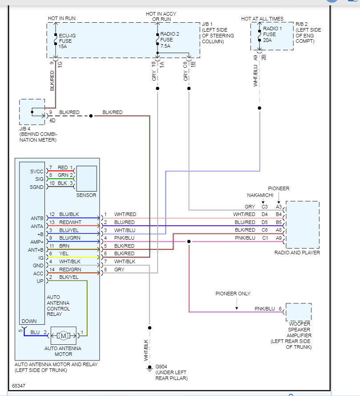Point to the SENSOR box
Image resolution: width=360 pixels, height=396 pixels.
pyautogui.click(x=86, y=178)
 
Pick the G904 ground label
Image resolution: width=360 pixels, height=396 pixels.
pyautogui.click(x=162, y=367)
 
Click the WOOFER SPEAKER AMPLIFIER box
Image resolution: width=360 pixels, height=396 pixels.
pyautogui.click(x=298, y=312)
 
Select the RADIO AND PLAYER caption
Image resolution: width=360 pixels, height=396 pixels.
pyautogui.click(x=297, y=253)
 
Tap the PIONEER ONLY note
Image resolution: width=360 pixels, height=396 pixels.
pyautogui.click(x=233, y=294)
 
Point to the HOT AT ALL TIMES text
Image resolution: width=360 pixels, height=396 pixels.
pyautogui.click(x=262, y=19)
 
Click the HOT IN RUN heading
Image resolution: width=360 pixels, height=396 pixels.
pyautogui.click(x=62, y=19)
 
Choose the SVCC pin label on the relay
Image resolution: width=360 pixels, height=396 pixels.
pyautogui.click(x=36, y=171)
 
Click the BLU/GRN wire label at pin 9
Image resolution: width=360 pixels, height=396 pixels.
pyautogui.click(x=69, y=238)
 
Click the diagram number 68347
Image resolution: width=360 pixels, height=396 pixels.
pyautogui.click(x=19, y=385)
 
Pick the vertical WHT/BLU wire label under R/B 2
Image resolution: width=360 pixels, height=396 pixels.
pyautogui.click(x=255, y=75)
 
